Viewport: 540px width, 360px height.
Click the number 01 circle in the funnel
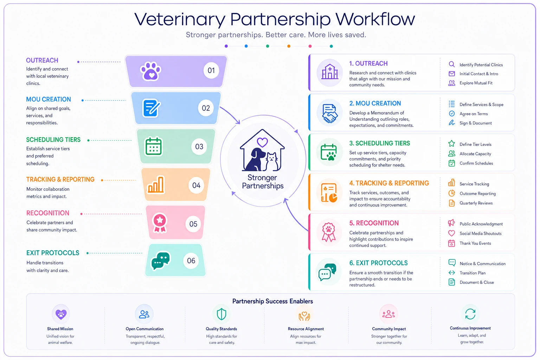pyautogui.click(x=211, y=70)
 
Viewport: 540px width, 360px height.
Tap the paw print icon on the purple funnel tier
pyautogui.click(x=151, y=71)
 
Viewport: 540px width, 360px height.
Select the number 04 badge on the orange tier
pyautogui.click(x=196, y=185)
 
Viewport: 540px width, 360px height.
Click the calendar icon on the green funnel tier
pyautogui.click(x=153, y=146)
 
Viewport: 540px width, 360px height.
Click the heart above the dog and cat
pyautogui.click(x=262, y=142)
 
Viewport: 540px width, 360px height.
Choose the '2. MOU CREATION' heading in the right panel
pyautogui.click(x=375, y=103)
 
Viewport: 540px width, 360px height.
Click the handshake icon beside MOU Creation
pyautogui.click(x=329, y=114)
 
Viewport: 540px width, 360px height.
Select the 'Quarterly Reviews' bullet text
pyautogui.click(x=476, y=203)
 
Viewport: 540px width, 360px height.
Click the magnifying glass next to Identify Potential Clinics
pyautogui.click(x=451, y=64)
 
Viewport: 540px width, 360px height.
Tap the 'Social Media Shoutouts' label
pyautogui.click(x=480, y=233)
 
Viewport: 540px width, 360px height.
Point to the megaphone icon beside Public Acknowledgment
pyautogui.click(x=451, y=223)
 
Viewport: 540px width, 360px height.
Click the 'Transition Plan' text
pyautogui.click(x=472, y=273)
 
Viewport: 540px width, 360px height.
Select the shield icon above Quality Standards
pyautogui.click(x=221, y=314)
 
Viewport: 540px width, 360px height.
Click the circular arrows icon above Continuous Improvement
pyautogui.click(x=470, y=314)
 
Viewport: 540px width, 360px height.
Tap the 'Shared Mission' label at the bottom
pyautogui.click(x=60, y=329)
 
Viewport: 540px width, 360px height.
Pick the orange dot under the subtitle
pyautogui.click(x=289, y=46)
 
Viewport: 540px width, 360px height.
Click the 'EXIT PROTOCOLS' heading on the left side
pyautogui.click(x=53, y=253)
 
